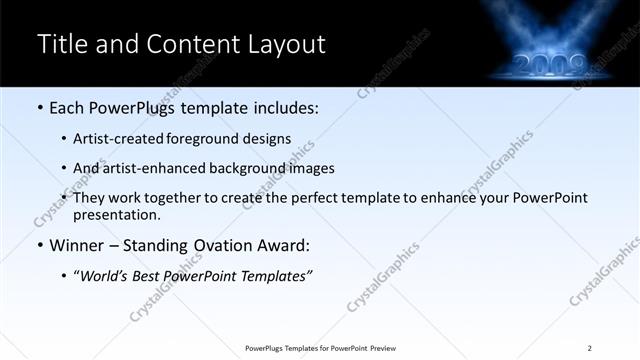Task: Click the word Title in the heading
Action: (x=61, y=45)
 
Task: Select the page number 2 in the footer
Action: (x=590, y=348)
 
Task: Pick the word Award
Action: (x=278, y=245)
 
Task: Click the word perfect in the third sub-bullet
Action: (x=316, y=197)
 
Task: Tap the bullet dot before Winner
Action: (x=39, y=245)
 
